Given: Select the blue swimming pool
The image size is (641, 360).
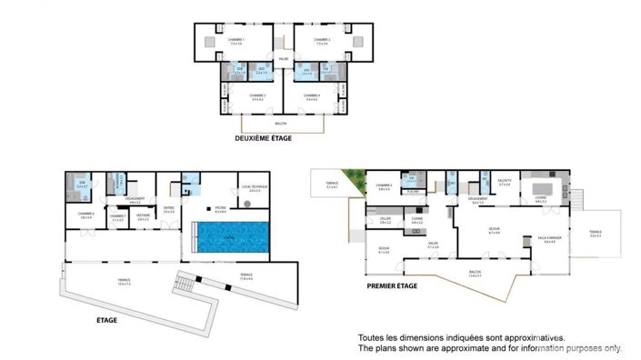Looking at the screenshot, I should [x=231, y=237].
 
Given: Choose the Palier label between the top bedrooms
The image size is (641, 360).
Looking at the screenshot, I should [x=284, y=60].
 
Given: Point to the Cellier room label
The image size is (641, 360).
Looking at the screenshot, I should [x=385, y=219].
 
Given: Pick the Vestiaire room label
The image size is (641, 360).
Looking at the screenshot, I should [x=143, y=217].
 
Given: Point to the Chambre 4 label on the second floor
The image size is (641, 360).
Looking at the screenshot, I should [x=312, y=95].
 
